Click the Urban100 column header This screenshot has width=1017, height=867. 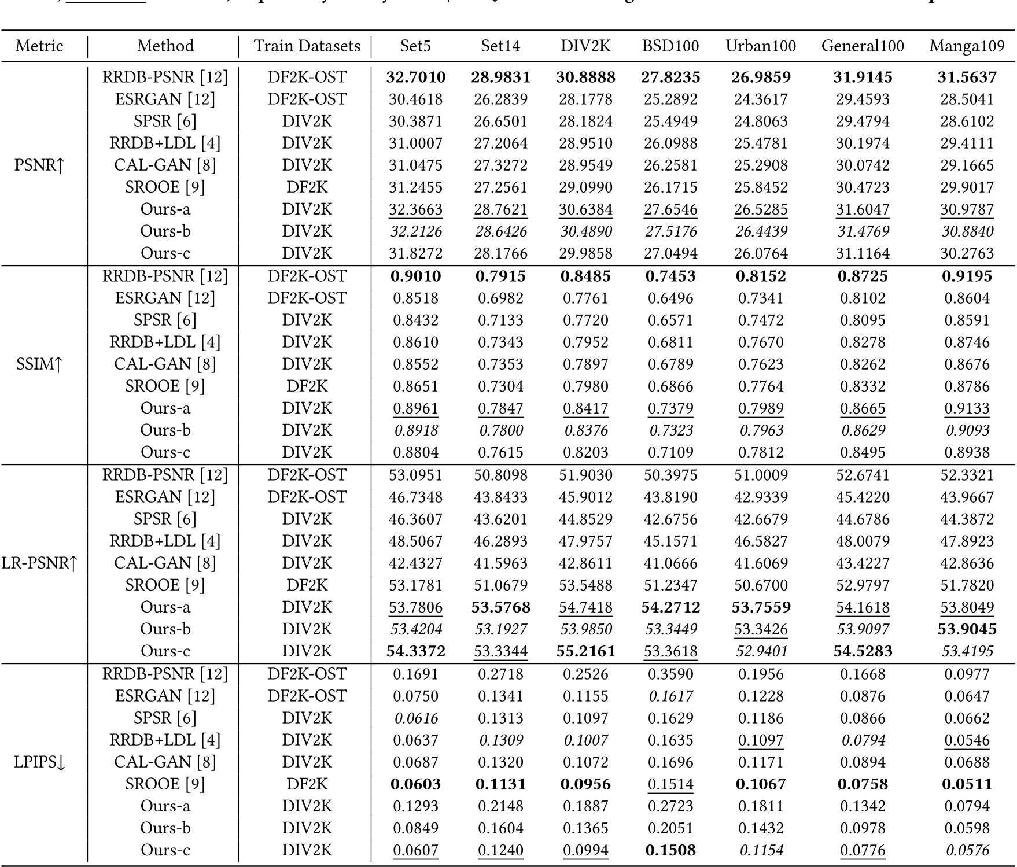tap(761, 46)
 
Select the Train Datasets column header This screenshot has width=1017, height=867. tap(307, 46)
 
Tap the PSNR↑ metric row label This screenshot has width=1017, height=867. tap(39, 165)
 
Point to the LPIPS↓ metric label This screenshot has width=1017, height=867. tap(39, 762)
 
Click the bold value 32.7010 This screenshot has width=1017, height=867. tap(415, 77)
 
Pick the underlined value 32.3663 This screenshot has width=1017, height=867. tap(415, 209)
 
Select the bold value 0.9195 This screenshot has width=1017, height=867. tap(967, 276)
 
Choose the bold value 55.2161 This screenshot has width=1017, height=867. tap(585, 651)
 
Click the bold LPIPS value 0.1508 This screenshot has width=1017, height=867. tap(670, 850)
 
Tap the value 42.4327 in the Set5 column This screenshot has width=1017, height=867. tap(415, 563)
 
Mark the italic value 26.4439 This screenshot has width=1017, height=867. tap(761, 231)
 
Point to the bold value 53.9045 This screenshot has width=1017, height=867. tap(967, 629)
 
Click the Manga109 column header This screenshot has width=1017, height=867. tap(967, 46)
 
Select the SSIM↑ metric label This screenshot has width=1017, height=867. tap(39, 364)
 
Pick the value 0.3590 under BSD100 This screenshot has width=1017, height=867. tap(670, 674)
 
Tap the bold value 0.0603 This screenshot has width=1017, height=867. tap(415, 784)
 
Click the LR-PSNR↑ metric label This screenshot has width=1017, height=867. tap(39, 563)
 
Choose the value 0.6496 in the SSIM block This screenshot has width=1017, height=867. tap(670, 298)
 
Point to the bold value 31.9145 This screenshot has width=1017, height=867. tap(863, 77)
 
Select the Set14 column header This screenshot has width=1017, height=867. tap(500, 46)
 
